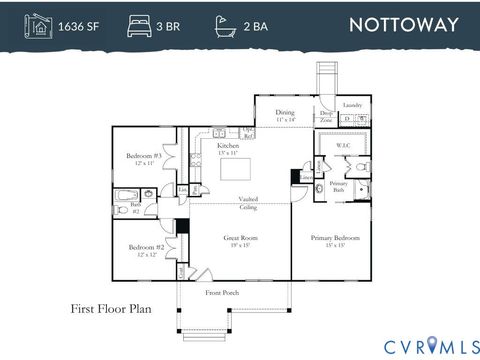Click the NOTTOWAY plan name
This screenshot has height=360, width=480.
coord(404,25)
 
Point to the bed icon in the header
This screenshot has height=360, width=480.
coord(138,25)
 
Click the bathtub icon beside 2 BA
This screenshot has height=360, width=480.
coord(225,25)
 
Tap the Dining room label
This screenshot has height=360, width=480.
coord(285,115)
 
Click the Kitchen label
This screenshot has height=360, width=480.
coord(228,148)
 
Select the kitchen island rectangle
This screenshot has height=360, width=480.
coord(238,169)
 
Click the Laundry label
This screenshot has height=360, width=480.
coord(352,105)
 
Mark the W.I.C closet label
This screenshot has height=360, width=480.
coord(342,146)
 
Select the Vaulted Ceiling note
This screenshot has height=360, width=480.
coord(248,203)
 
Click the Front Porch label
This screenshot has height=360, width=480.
coord(222,292)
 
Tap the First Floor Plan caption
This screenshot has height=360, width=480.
coord(110,310)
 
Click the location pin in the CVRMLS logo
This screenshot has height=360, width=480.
coord(432,345)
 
